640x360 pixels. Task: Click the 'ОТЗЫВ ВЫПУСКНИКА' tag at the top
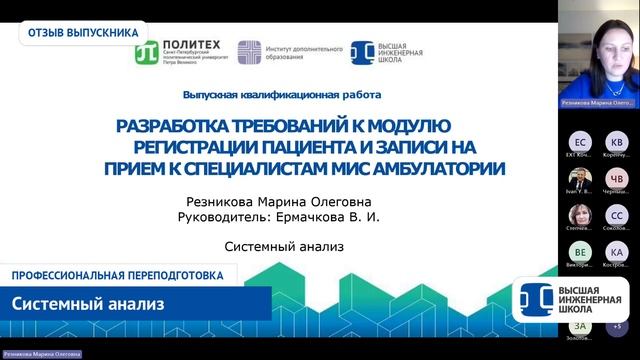pyautogui.click(x=83, y=31)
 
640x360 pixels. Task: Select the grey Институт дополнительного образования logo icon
pyautogui.click(x=249, y=53)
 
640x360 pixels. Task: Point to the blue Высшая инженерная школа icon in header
pyautogui.click(x=362, y=53)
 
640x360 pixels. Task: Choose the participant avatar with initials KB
pyautogui.click(x=617, y=142)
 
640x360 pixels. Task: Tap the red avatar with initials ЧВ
pyautogui.click(x=617, y=179)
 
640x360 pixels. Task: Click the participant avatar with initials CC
pyautogui.click(x=617, y=216)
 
